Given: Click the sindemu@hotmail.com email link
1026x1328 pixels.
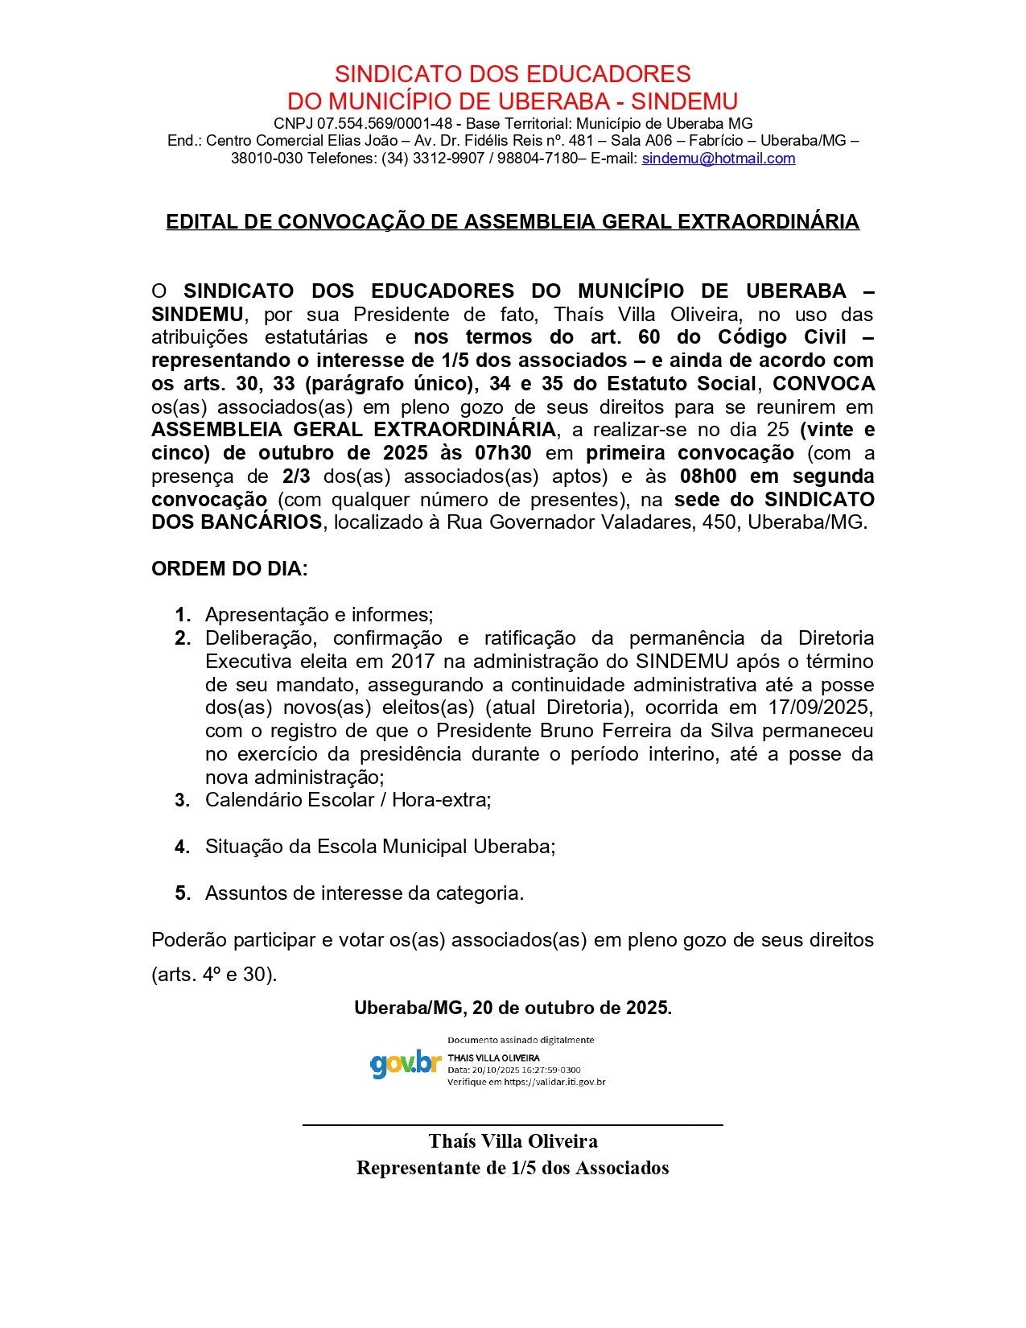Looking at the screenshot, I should (718, 159).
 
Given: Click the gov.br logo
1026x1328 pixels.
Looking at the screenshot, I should (406, 1063).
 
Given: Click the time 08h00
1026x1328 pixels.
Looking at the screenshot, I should (707, 476).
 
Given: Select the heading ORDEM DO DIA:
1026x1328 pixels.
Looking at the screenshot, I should (229, 569).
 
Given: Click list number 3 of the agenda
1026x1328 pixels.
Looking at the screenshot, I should (183, 800).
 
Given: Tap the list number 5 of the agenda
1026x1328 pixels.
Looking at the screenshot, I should (183, 893).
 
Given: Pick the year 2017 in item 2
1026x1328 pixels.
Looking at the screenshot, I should (413, 662).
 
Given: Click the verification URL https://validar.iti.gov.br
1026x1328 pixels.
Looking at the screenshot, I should (554, 1082).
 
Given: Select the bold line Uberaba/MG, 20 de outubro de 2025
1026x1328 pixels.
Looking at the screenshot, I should (513, 1008).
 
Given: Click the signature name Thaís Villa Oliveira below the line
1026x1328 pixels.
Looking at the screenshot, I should (513, 1141).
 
